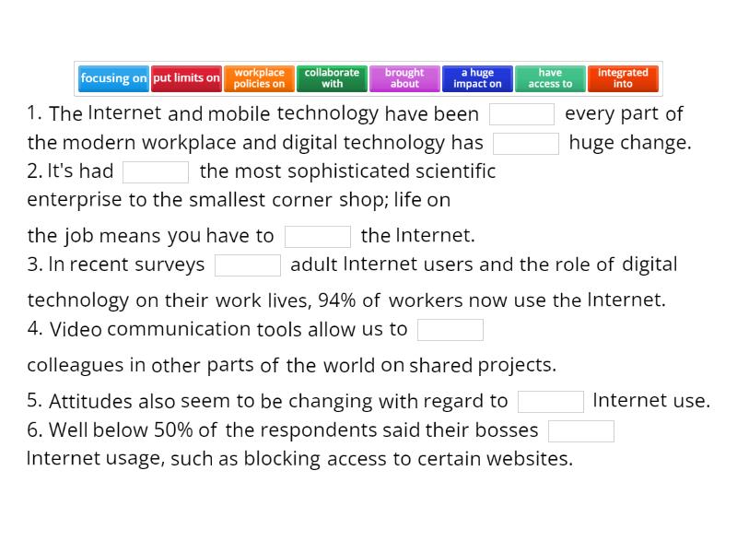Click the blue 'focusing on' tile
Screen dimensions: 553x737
click(113, 78)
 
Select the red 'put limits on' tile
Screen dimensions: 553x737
click(186, 78)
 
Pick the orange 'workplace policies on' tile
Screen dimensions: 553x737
click(259, 78)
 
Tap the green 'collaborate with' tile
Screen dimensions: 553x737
click(332, 78)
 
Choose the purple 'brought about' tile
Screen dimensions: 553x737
click(404, 78)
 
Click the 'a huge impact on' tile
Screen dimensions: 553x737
click(477, 78)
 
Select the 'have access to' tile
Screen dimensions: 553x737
click(550, 78)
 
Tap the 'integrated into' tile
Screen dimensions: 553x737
click(623, 78)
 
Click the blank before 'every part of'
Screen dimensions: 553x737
click(522, 114)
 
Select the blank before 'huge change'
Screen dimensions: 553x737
click(526, 143)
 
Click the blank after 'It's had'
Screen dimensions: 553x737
click(156, 172)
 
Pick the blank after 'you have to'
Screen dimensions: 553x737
click(318, 236)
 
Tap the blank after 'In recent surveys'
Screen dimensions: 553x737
click(248, 265)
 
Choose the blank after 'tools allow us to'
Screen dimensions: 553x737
click(450, 329)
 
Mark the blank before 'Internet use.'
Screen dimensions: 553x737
click(551, 401)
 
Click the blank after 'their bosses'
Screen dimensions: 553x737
click(581, 430)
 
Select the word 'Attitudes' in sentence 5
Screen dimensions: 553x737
click(90, 401)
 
